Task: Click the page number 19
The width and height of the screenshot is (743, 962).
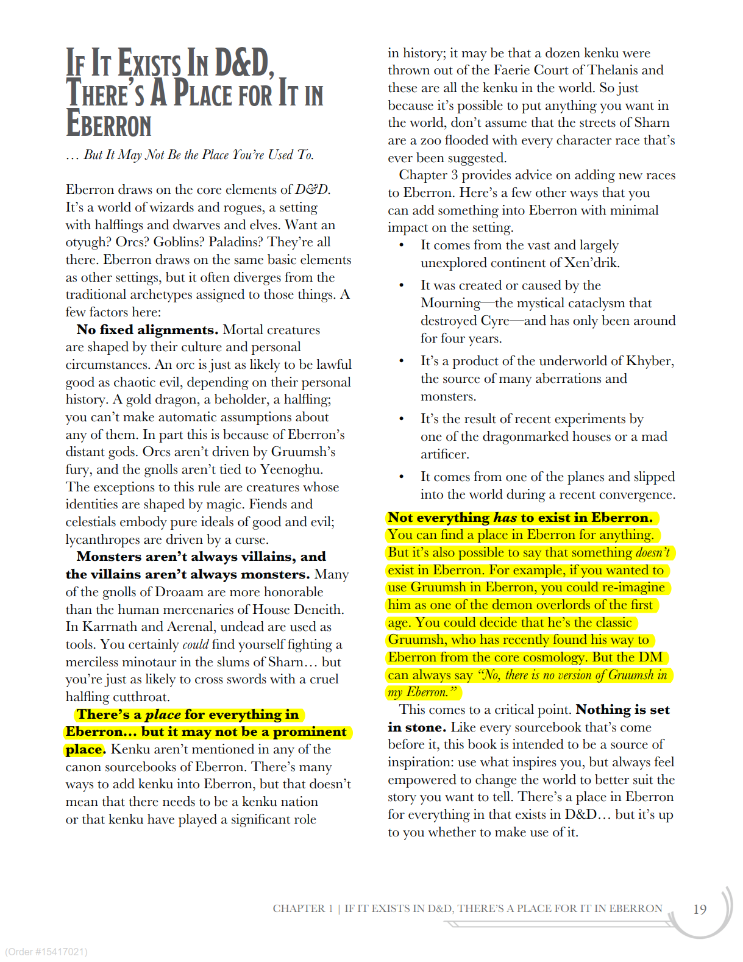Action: tap(700, 909)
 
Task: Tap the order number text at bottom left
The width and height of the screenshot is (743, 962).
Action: tap(46, 952)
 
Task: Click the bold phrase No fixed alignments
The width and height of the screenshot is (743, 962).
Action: tap(147, 330)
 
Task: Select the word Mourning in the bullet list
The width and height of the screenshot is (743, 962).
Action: tap(450, 303)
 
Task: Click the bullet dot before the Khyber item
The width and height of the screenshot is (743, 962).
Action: tap(401, 361)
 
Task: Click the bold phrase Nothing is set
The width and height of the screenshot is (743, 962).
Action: tap(622, 710)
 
